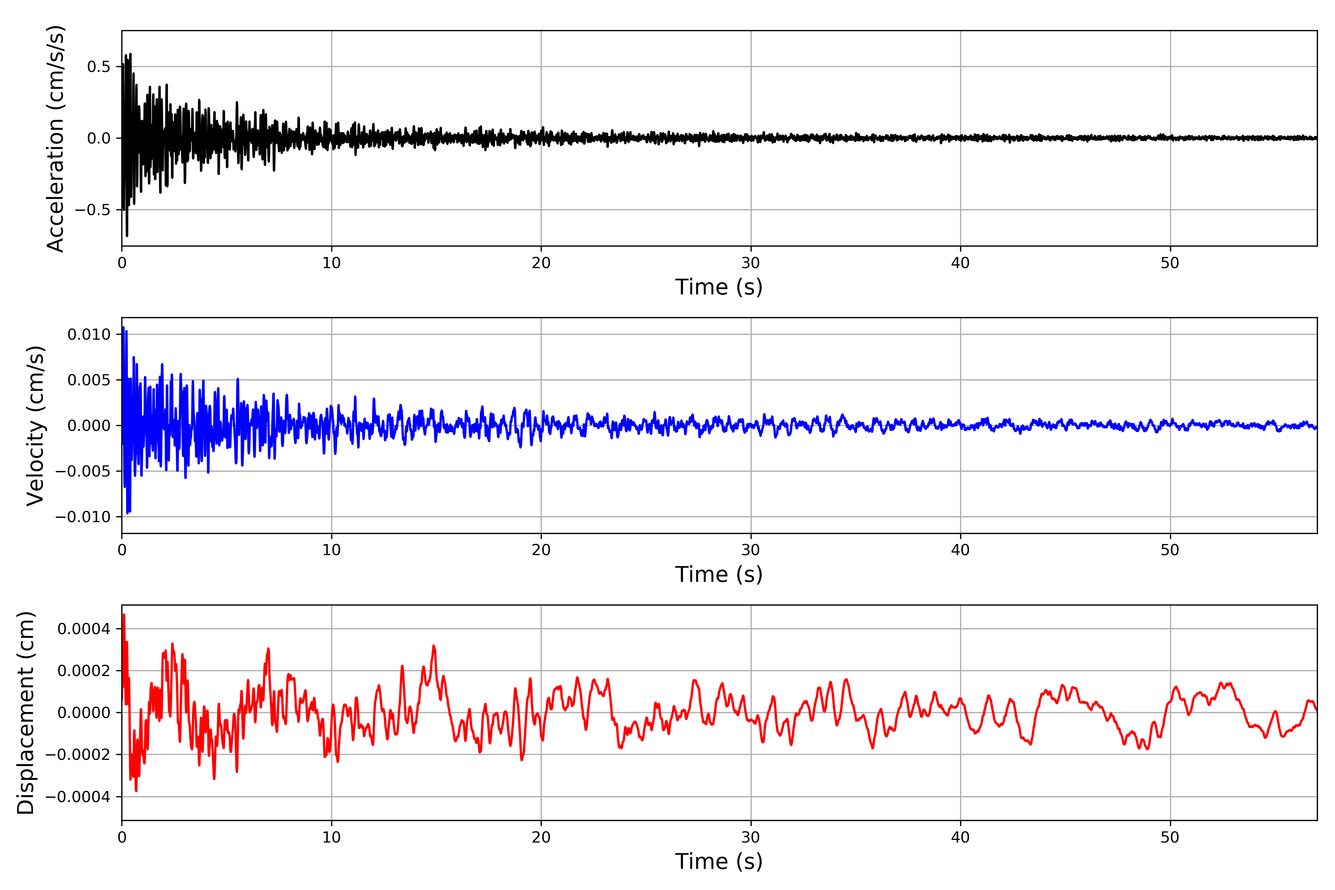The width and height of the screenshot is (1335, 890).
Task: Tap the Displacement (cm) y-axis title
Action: [26, 712]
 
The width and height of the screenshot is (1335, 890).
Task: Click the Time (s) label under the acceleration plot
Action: [719, 287]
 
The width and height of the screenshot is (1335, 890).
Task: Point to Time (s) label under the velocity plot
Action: [719, 574]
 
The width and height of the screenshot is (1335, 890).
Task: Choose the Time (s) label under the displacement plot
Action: [719, 861]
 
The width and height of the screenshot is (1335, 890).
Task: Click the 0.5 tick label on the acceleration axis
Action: [99, 67]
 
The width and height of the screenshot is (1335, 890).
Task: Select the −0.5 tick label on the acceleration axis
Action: [92, 210]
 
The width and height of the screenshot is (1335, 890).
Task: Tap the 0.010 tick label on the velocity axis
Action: [89, 334]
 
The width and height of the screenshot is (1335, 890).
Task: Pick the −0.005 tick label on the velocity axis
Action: [83, 471]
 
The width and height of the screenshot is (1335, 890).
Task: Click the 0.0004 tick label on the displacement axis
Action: [84, 629]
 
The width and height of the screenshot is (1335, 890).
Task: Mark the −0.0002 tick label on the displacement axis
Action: [78, 755]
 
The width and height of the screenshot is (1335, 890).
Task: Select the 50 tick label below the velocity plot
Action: [1170, 550]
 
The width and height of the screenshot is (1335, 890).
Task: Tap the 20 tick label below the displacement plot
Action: [541, 837]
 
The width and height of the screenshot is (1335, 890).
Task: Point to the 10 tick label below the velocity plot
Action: [332, 550]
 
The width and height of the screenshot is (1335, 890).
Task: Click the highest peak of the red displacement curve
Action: [124, 615]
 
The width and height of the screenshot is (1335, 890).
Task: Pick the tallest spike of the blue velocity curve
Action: [123, 327]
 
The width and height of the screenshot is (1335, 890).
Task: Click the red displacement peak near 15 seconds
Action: [434, 646]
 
